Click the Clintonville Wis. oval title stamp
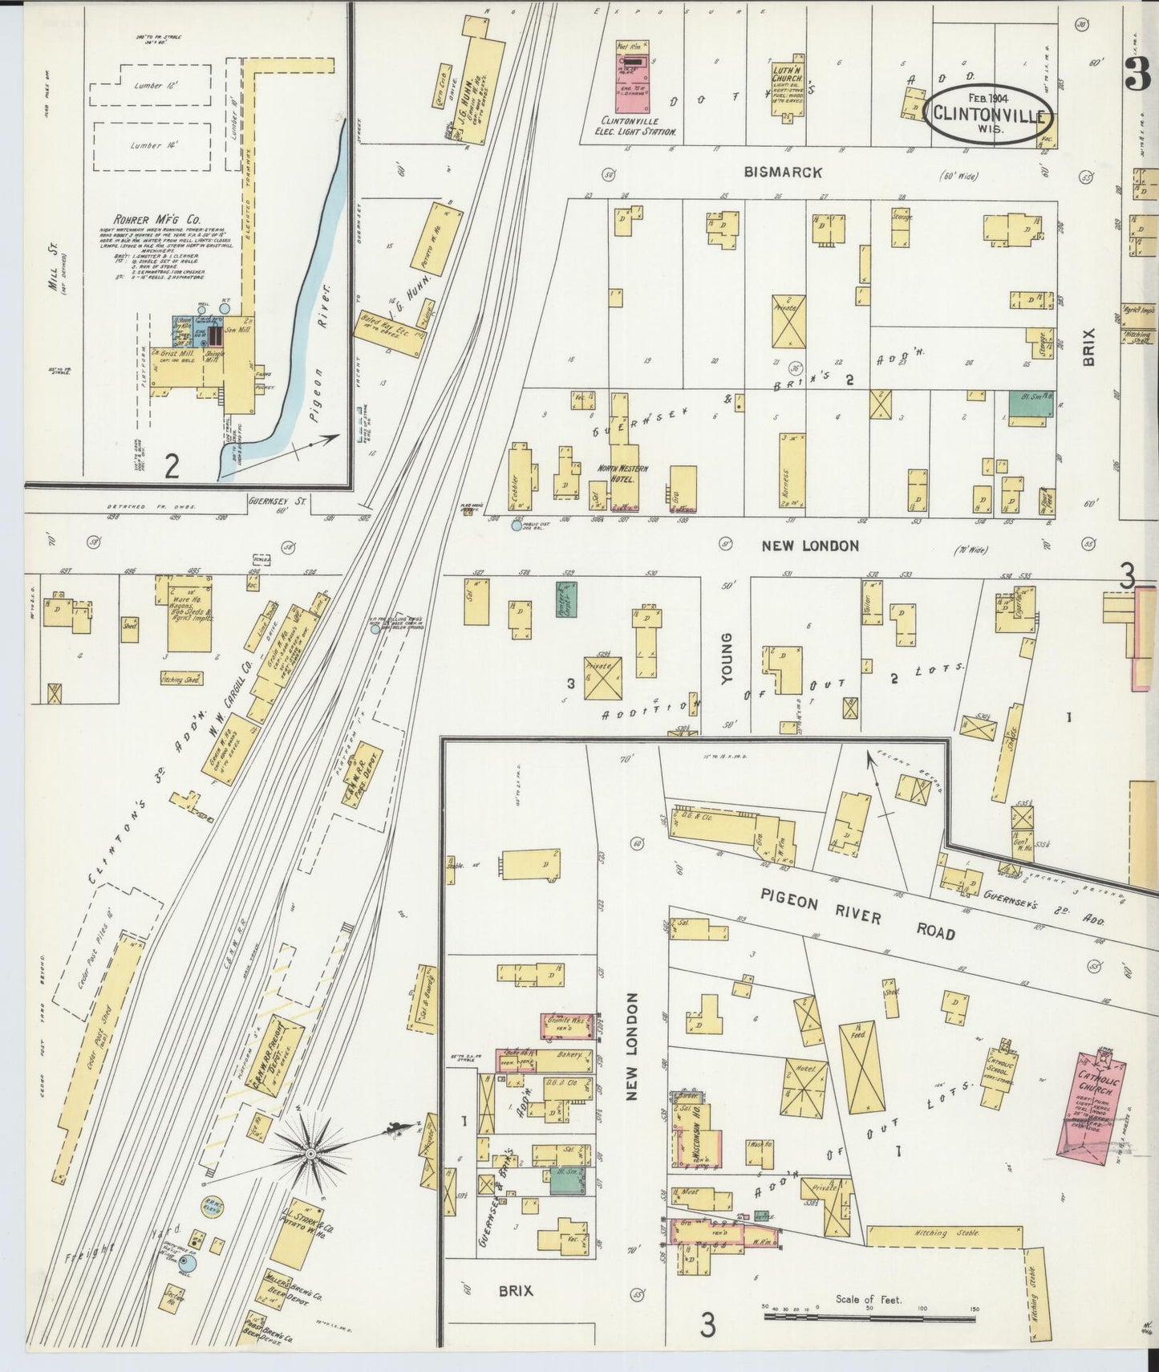989,115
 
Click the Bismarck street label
782,172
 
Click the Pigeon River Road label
857,915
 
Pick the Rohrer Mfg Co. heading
156,219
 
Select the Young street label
727,658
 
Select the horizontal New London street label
810,546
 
